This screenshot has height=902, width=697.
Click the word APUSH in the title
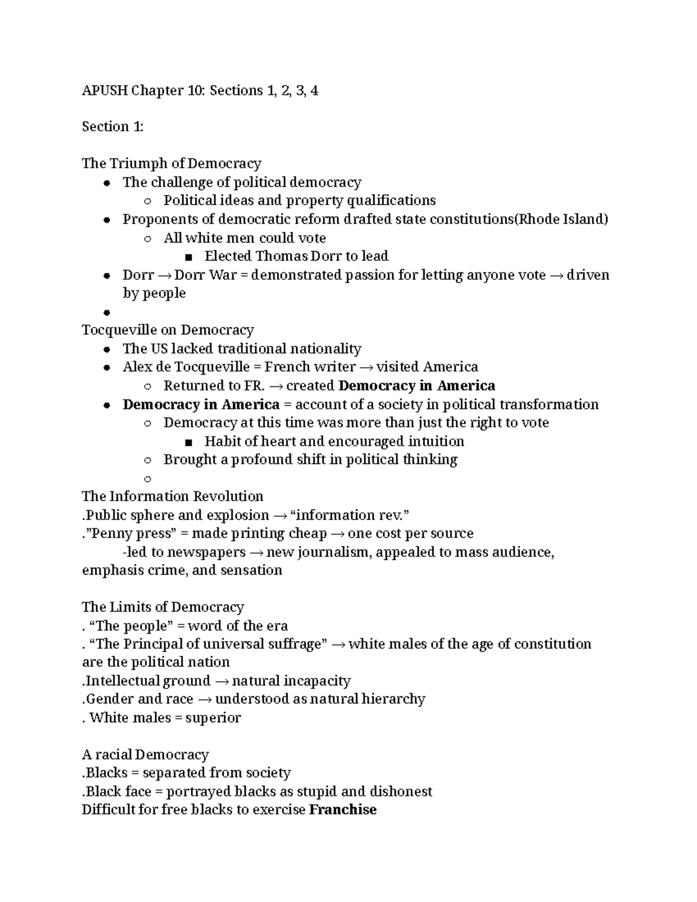(x=105, y=91)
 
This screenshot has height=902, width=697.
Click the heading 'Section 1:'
(x=112, y=127)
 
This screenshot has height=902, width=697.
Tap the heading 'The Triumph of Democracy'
(x=171, y=163)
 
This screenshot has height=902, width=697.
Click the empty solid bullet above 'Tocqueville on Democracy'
(x=106, y=312)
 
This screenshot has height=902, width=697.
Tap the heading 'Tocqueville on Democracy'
(x=168, y=330)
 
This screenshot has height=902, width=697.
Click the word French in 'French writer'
(x=287, y=367)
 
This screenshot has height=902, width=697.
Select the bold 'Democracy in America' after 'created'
(x=416, y=386)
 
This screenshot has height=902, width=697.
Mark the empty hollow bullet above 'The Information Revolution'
(x=147, y=479)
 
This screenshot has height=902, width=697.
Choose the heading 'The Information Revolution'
(x=173, y=497)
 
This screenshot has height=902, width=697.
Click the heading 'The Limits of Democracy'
(x=163, y=607)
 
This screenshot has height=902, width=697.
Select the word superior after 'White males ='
(x=213, y=718)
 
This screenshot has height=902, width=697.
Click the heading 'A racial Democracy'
(x=145, y=754)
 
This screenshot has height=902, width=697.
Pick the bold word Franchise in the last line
(x=343, y=810)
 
